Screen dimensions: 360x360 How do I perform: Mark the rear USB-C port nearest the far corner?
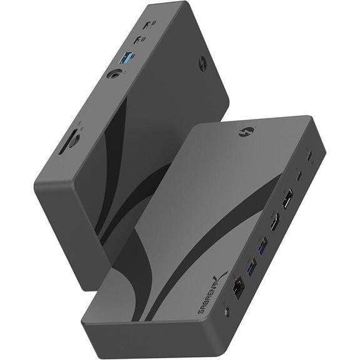click(x=311, y=153)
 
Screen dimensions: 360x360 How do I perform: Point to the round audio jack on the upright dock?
click(x=115, y=76)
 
